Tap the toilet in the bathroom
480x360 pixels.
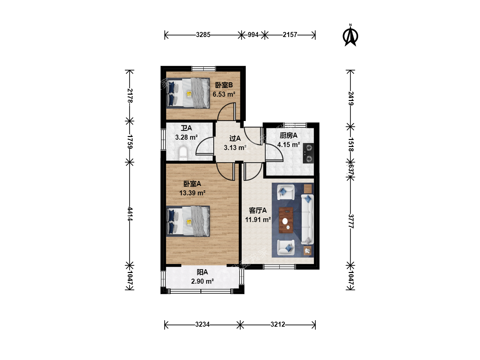183,153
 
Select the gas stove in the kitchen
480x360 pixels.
308,153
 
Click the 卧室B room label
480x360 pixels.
224,85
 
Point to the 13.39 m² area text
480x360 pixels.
192,193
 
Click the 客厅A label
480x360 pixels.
258,210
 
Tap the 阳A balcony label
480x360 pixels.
202,272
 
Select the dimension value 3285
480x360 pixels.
203,35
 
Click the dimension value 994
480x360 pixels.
253,35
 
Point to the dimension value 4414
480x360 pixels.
130,214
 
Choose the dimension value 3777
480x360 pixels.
351,221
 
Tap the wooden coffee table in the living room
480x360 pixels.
286,220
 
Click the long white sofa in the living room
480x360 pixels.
307,219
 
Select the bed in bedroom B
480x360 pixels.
188,93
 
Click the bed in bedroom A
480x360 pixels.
188,221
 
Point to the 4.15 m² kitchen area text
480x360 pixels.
288,145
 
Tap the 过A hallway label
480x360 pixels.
235,138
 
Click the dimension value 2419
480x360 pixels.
351,98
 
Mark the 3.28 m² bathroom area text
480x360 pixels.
186,137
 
